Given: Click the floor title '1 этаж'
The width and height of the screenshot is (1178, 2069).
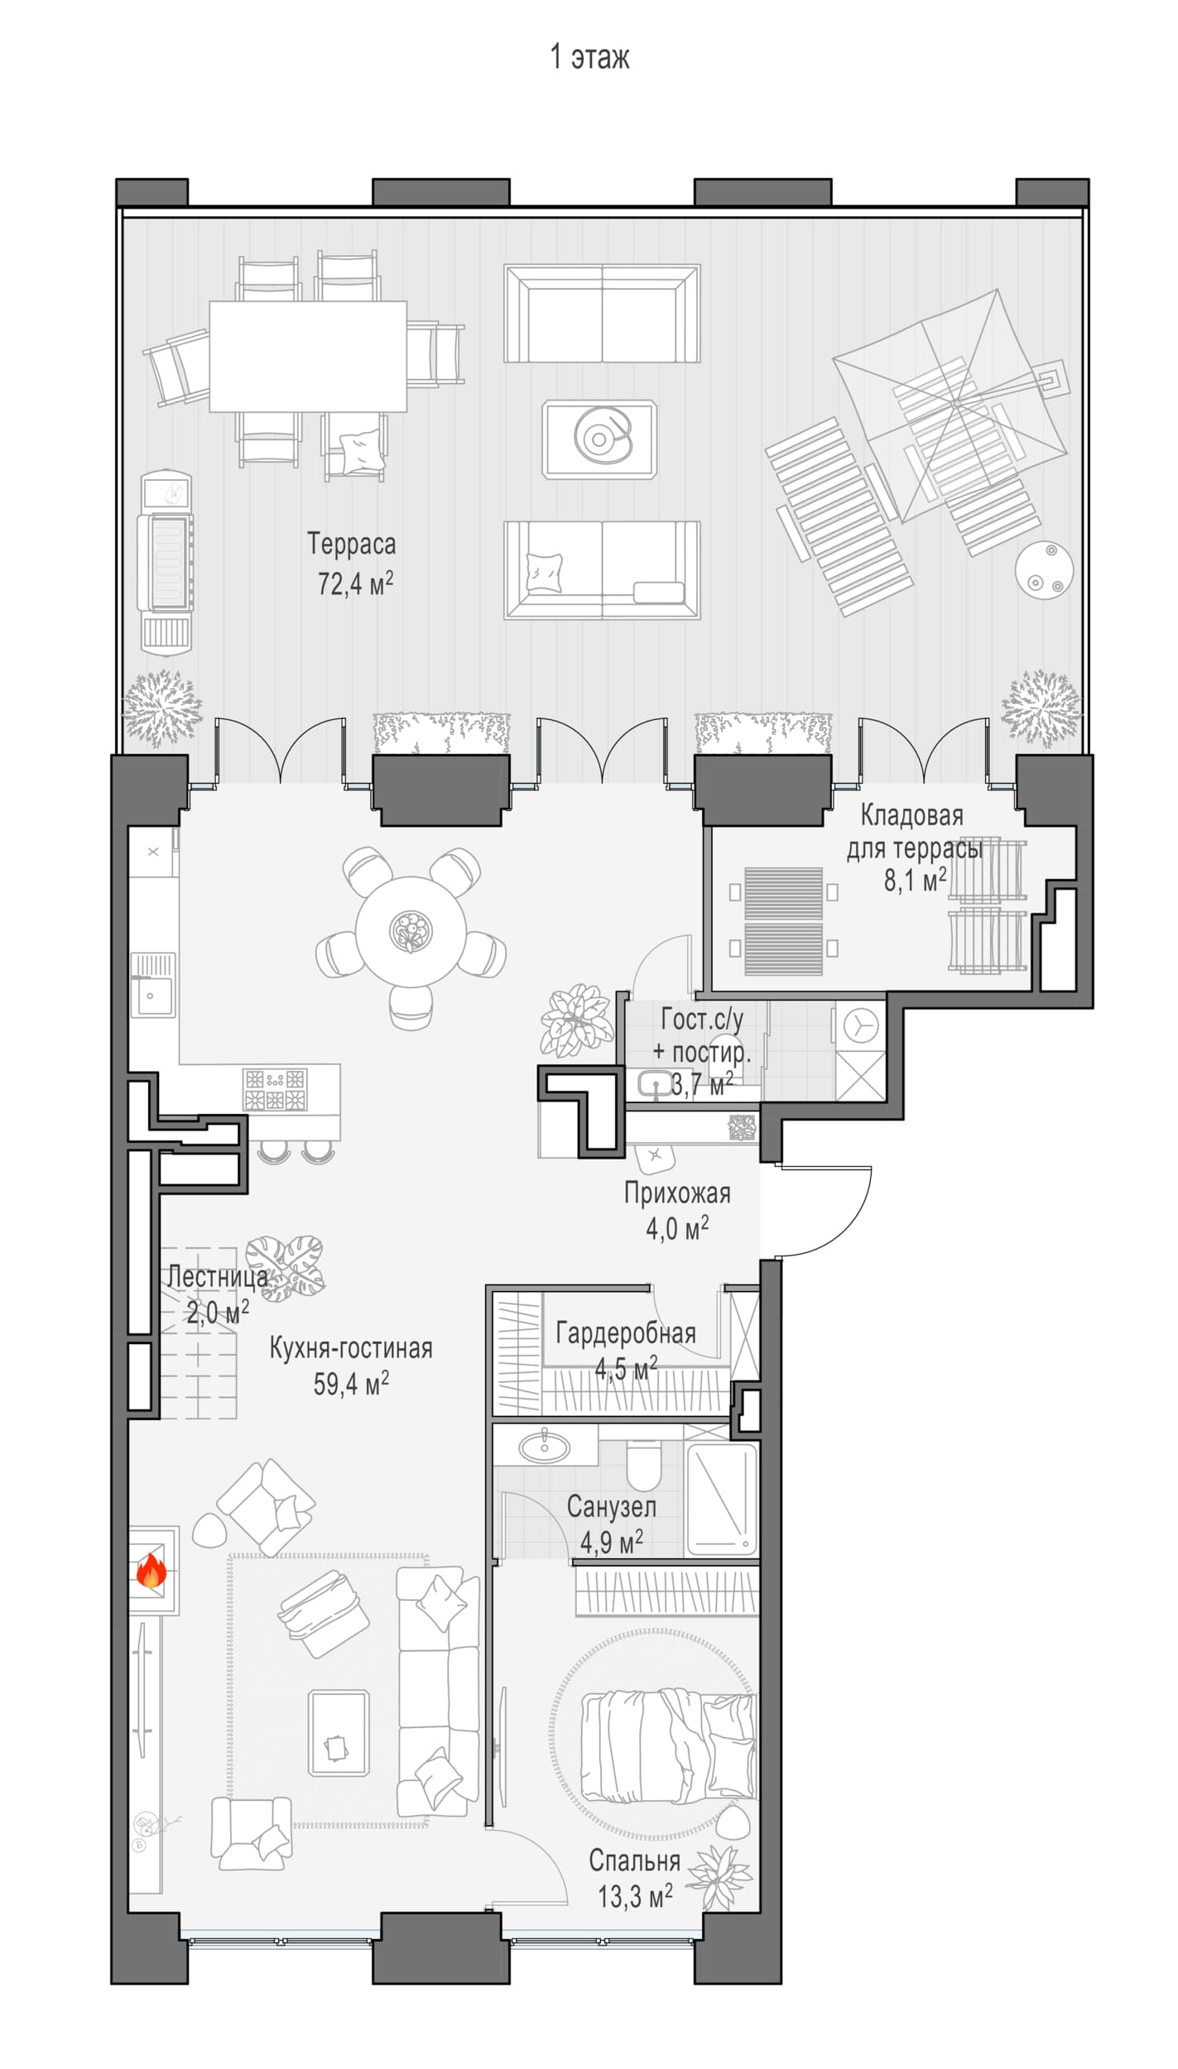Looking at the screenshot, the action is (x=589, y=56).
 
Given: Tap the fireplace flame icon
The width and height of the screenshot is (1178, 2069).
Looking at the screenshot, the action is (x=151, y=1570).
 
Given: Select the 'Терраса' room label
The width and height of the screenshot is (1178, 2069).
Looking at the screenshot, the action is (x=352, y=544).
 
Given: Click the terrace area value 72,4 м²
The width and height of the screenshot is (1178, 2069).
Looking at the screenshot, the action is (x=355, y=583).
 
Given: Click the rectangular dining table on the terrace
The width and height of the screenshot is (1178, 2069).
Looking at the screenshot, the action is (x=308, y=356).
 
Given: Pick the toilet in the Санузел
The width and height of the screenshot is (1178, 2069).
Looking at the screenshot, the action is (x=644, y=1464).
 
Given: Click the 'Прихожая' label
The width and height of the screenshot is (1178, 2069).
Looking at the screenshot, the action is (x=677, y=1193).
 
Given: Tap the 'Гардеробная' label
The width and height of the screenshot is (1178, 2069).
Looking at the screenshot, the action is (x=626, y=1333).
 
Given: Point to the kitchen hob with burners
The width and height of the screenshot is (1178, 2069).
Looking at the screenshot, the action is (x=275, y=1089).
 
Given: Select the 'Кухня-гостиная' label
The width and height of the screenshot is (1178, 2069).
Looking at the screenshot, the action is (x=351, y=1348).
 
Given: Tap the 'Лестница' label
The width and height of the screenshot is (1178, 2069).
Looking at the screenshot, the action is (x=218, y=1277).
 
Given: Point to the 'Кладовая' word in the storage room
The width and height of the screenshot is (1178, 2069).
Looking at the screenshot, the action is (x=912, y=815).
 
